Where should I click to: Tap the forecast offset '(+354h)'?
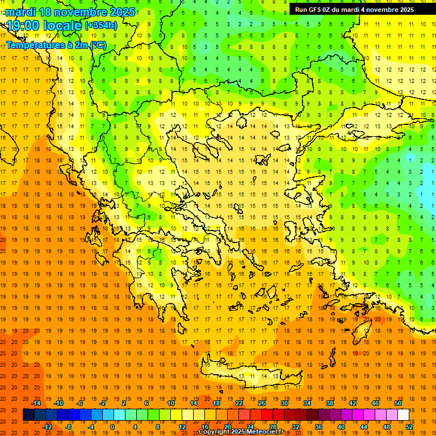[x=101, y=25]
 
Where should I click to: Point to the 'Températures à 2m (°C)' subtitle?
[x=56, y=45]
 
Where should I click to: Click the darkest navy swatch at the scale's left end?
[x=28, y=415]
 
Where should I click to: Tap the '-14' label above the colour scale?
[x=35, y=403]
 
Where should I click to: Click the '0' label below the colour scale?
[x=112, y=427]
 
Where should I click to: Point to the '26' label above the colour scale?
[x=262, y=403]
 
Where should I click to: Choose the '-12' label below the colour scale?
[x=48, y=427]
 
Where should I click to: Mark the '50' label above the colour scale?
[x=398, y=403]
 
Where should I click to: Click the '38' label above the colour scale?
[x=330, y=403]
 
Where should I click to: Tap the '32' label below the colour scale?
[x=296, y=427]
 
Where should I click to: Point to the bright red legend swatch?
[x=267, y=415]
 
